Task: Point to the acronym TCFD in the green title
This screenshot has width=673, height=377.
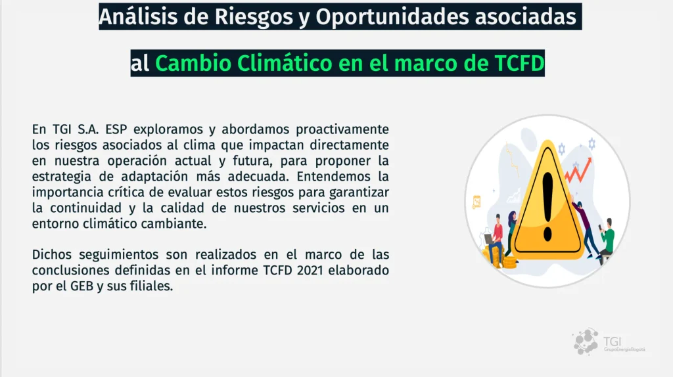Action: point(519,63)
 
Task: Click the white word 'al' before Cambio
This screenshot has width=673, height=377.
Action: point(139,64)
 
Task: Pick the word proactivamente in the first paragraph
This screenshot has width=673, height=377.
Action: point(342,129)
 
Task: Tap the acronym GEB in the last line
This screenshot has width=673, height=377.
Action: point(81,286)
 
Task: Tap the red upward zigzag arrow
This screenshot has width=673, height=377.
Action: point(578,170)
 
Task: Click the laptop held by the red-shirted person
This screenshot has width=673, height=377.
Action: point(489,239)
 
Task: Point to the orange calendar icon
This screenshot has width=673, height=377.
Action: point(476,202)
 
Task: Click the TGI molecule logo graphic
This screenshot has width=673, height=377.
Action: point(586,342)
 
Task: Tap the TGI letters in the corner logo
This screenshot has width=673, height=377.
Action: point(612,342)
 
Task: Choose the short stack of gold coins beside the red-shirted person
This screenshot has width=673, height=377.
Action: point(509,262)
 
